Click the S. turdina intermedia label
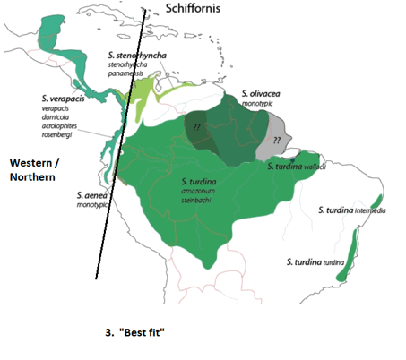353,210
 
